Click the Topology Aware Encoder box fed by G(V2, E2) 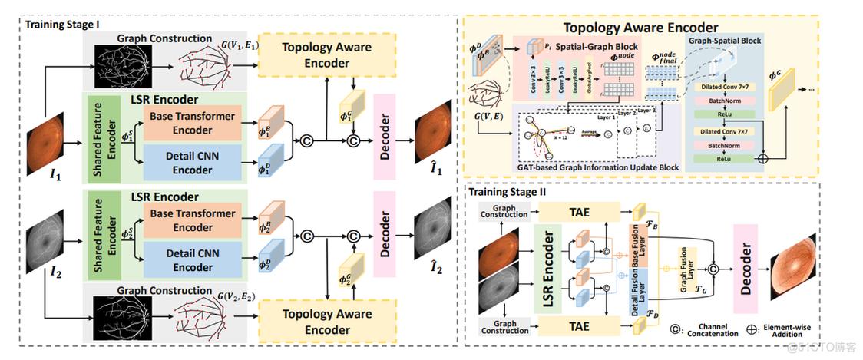click(x=326, y=321)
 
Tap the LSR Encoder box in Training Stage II click(x=551, y=268)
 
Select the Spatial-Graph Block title click(x=597, y=47)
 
